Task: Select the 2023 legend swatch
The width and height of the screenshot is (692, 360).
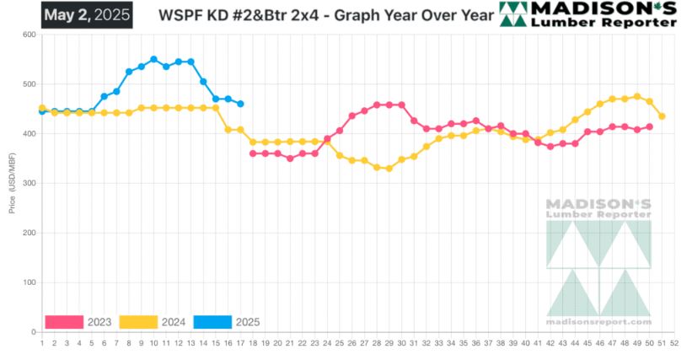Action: click(x=64, y=322)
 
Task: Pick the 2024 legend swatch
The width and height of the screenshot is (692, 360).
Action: click(x=139, y=322)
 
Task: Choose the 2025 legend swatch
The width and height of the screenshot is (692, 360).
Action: click(x=212, y=322)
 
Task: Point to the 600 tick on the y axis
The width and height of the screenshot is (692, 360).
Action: click(x=29, y=35)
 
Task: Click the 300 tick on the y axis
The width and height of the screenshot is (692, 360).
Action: click(x=29, y=183)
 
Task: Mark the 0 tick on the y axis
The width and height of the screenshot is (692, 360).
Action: click(x=32, y=332)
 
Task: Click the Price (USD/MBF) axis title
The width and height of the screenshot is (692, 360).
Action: click(x=13, y=183)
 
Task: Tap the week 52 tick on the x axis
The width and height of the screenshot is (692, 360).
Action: click(x=674, y=344)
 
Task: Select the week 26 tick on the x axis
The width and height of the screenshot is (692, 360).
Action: click(x=351, y=344)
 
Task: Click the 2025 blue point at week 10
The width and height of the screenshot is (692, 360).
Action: click(x=153, y=60)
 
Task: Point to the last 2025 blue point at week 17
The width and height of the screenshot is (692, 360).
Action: click(x=240, y=104)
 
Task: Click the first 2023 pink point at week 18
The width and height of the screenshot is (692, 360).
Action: click(x=253, y=153)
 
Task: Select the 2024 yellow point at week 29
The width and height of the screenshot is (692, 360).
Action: click(x=389, y=169)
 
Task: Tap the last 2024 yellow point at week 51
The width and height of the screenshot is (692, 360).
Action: click(x=662, y=116)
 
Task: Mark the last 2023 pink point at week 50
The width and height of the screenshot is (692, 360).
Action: click(x=649, y=127)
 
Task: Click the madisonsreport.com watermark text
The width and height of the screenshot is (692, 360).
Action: click(x=598, y=321)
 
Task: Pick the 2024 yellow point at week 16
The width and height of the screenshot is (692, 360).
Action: click(x=228, y=130)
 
